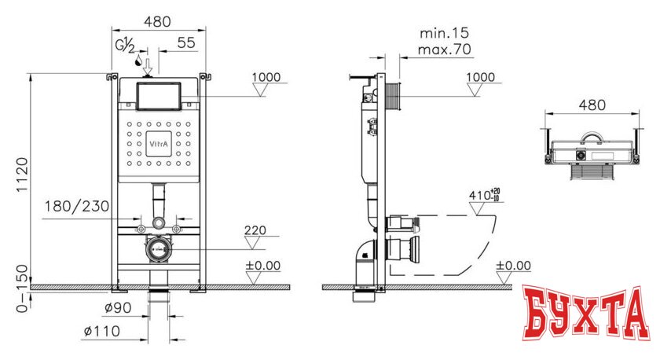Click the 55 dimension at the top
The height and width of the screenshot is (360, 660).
pos(185,44)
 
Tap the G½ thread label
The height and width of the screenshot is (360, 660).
pos(126,46)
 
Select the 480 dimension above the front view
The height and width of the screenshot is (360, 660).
pos(156,22)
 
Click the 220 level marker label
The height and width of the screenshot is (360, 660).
pos(255,231)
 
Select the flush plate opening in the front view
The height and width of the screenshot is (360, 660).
pos(159,96)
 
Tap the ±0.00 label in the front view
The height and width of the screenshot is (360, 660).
pos(262,266)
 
